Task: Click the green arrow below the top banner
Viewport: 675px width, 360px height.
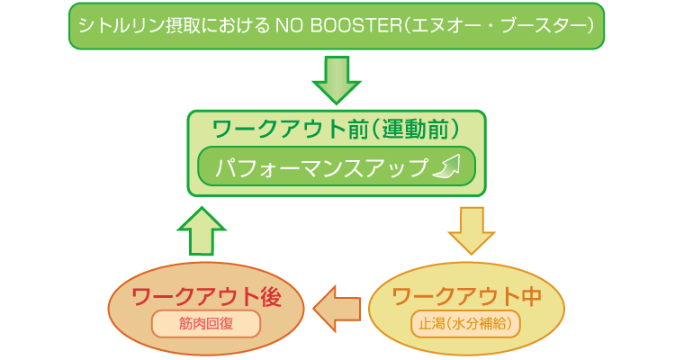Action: tap(337, 79)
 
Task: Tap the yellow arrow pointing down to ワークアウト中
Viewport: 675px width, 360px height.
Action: tap(472, 229)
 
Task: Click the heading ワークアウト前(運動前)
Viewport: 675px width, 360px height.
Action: tap(336, 127)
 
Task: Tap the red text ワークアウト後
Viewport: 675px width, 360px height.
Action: tap(207, 296)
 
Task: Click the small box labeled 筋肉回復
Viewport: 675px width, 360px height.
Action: tap(207, 322)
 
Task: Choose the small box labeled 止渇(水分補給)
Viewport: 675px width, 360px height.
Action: tap(466, 322)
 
